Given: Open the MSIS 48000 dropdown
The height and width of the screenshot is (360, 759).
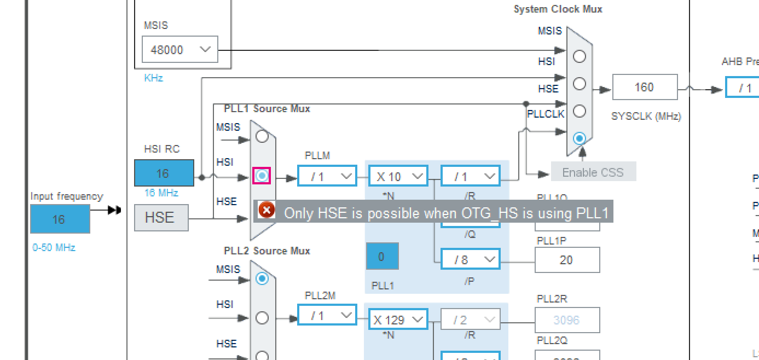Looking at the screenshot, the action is click(179, 50).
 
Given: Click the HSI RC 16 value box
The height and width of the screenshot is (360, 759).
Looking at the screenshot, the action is click(164, 173).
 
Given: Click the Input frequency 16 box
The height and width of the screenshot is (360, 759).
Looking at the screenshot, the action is click(60, 219).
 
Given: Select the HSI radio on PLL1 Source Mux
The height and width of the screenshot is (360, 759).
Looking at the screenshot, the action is click(262, 176).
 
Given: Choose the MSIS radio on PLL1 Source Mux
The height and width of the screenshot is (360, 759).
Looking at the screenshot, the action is click(262, 136).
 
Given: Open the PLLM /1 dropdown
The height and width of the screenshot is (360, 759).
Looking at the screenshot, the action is click(327, 176).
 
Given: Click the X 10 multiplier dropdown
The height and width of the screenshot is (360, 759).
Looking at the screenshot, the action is click(398, 176).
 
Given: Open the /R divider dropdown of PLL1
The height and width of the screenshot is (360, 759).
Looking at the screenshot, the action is click(470, 176).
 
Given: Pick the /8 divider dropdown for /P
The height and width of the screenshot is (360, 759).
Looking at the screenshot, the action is click(470, 259).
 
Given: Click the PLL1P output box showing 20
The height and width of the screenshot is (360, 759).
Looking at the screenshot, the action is click(567, 260).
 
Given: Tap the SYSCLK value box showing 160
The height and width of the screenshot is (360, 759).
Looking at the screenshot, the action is click(645, 88).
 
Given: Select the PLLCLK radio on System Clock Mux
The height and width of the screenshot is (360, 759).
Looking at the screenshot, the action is click(580, 138).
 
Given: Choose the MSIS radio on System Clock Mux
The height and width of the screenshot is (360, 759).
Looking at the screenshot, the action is click(580, 56).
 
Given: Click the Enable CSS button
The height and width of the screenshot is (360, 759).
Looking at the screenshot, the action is click(593, 172).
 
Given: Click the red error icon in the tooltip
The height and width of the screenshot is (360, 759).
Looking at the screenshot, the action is click(266, 210).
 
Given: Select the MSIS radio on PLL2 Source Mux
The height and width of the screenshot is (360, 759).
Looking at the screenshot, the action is click(262, 278).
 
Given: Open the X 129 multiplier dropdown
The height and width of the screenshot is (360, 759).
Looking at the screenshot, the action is click(398, 320).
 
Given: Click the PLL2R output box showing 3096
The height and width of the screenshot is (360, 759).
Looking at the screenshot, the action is click(567, 320).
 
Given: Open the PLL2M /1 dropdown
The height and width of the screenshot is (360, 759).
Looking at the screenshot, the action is click(327, 316).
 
